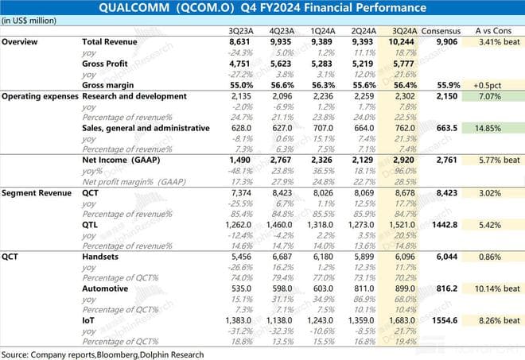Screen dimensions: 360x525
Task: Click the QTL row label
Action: (91, 225)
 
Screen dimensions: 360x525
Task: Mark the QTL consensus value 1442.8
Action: (441, 225)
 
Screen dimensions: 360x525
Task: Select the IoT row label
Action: (89, 320)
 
